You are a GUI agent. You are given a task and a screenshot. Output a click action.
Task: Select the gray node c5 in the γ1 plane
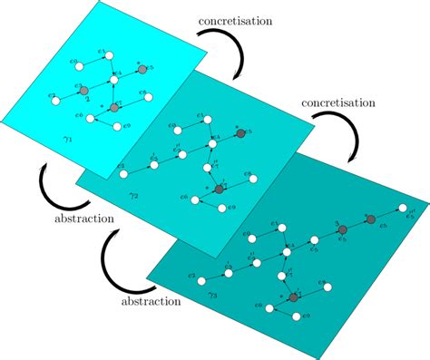tap(138, 69)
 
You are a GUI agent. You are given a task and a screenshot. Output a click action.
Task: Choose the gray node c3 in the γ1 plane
tap(83, 92)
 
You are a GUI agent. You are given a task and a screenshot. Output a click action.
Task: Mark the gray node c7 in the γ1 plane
tap(114, 107)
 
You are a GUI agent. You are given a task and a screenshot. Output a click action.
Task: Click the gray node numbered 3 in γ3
tap(343, 233)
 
